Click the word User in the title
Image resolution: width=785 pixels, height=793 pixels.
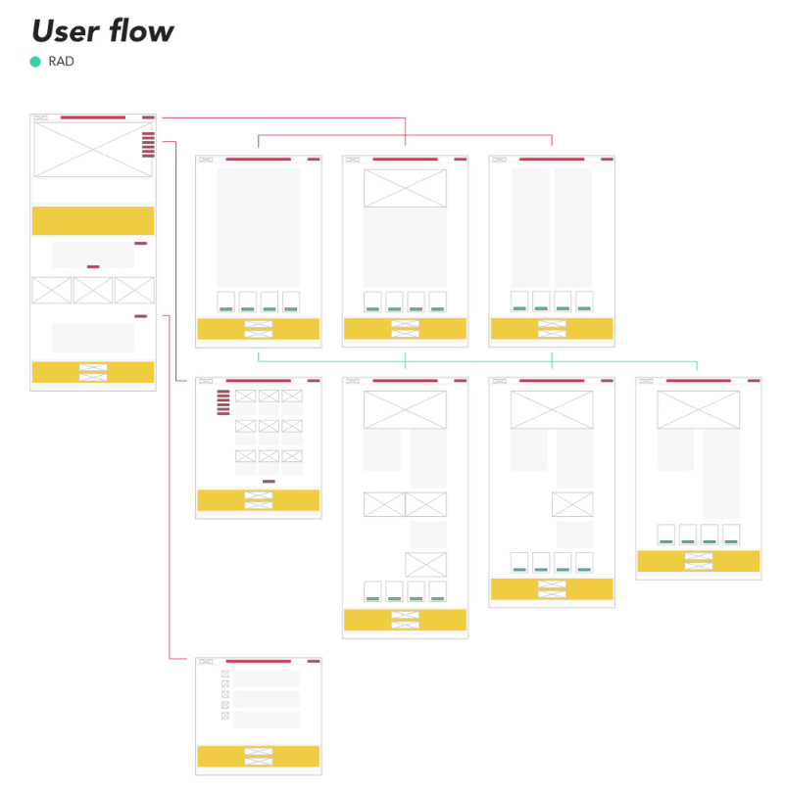pos(64,31)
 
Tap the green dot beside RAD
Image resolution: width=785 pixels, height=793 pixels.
pos(35,62)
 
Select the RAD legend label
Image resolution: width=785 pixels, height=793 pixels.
pos(61,62)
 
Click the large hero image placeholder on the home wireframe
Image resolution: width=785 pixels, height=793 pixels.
pos(86,150)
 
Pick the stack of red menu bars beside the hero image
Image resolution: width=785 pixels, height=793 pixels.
pos(148,145)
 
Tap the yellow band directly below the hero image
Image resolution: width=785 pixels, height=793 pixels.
pos(93,220)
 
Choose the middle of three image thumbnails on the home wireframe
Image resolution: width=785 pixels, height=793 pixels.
pos(93,290)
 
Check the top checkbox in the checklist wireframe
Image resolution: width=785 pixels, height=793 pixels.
pos(225,674)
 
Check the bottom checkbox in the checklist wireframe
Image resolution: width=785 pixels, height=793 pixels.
pos(225,716)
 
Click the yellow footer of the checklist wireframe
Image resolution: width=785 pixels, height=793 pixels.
pos(258,756)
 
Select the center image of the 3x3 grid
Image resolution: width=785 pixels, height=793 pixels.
pos(269,426)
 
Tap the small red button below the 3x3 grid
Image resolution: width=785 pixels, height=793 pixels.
pos(269,482)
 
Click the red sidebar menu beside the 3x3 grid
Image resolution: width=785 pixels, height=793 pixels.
pos(223,401)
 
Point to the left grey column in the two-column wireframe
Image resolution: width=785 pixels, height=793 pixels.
pos(530,227)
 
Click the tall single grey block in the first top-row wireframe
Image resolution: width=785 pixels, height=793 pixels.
pos(259,227)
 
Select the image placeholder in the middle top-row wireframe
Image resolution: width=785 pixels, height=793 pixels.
pos(405,188)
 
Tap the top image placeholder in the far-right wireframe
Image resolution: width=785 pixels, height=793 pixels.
pos(698,409)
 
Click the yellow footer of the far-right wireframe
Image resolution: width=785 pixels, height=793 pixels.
pos(698,561)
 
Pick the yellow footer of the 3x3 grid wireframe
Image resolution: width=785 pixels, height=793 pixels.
pos(258,500)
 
